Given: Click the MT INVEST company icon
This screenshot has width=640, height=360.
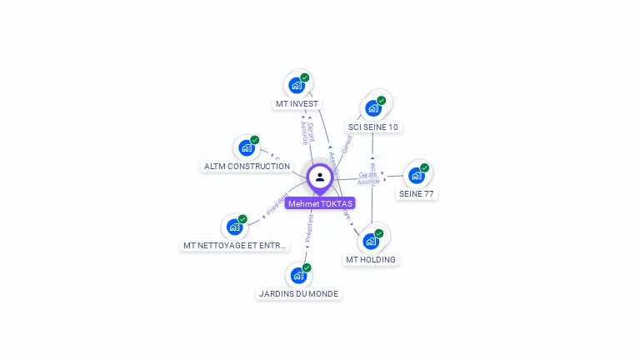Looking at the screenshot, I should [297, 85].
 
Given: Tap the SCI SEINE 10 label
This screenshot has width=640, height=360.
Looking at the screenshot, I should [373, 127].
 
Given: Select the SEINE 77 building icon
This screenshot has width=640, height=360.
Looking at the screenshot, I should [416, 175].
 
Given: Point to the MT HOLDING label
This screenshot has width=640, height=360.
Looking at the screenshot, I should [371, 260].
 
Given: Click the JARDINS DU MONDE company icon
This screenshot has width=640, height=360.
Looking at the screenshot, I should [297, 275].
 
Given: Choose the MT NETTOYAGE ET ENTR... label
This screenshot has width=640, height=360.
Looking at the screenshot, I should [236, 246].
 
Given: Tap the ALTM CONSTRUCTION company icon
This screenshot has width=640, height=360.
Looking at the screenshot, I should [246, 147].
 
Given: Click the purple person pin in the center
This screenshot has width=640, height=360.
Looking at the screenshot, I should [319, 177].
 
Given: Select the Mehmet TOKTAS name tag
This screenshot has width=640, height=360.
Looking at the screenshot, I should [320, 203].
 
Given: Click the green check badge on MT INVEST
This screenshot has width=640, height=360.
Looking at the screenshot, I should [305, 77].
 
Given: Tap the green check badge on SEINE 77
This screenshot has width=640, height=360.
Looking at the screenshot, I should [424, 167].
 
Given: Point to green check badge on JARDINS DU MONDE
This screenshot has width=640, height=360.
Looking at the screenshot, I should [307, 267].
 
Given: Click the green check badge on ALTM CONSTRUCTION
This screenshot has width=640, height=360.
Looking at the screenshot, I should [255, 140].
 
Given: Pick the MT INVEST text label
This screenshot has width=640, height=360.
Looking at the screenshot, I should [297, 104].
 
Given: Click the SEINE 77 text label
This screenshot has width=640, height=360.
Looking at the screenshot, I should [417, 194].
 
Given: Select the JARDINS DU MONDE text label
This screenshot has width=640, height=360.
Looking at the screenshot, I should [299, 294].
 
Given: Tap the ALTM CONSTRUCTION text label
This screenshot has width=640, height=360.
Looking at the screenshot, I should [247, 167].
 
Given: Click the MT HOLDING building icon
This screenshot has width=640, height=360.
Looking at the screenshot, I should [371, 241].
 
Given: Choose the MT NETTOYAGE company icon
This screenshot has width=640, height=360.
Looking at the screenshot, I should [234, 226].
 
